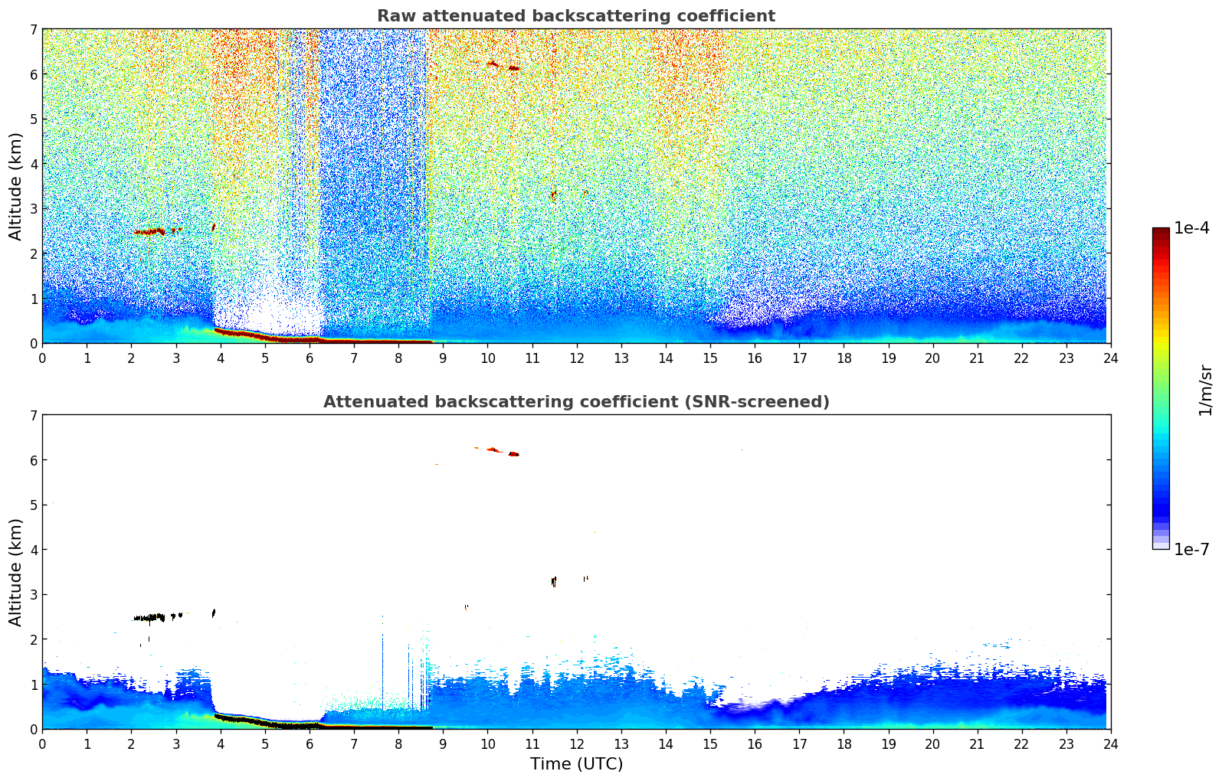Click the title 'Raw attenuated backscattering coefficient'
575,16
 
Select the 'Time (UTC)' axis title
576,763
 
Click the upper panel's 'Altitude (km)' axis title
15,186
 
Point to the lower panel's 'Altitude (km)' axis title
15,572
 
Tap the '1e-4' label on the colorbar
1191,228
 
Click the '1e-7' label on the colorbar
1191,549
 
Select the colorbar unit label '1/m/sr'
1205,389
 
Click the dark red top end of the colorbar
1161,231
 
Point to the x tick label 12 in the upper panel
576,358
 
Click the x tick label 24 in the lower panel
1110,743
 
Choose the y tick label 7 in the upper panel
34,30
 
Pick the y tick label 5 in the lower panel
34,505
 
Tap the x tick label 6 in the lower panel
310,743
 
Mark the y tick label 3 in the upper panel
34,209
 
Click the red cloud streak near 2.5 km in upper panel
150,231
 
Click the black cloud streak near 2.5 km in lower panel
150,617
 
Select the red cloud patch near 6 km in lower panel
492,449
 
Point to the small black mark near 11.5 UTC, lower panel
553,582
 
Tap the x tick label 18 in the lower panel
844,743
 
